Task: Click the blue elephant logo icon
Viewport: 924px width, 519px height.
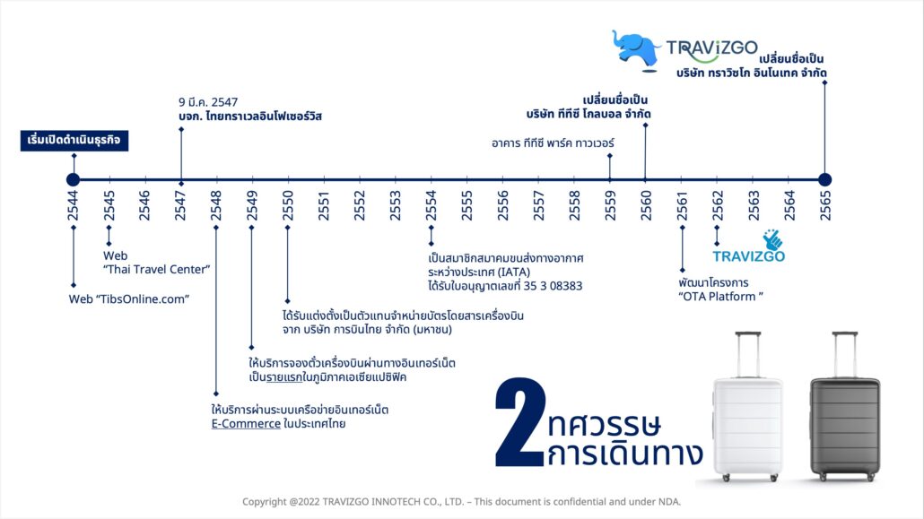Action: pos(636,49)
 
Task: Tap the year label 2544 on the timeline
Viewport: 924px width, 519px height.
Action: pos(73,205)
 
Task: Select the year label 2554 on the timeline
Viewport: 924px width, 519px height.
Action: pos(431,205)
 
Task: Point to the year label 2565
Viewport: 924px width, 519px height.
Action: pos(825,205)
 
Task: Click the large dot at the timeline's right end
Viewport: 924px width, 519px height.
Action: pos(825,179)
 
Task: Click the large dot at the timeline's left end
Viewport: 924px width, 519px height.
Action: pos(73,179)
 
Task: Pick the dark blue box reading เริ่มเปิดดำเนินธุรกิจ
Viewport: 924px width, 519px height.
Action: pos(74,140)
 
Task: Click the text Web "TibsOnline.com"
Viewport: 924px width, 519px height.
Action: pos(129,299)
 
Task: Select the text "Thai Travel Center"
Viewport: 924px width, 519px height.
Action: pos(157,269)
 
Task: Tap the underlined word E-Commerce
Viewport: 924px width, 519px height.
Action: pos(246,424)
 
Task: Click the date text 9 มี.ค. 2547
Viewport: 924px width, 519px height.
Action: pos(208,102)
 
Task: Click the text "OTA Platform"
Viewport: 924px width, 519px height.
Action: pos(720,297)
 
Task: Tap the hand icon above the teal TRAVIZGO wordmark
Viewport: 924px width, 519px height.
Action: pos(772,239)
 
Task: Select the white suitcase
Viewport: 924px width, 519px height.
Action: pos(748,406)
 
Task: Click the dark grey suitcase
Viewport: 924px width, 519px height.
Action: pos(845,406)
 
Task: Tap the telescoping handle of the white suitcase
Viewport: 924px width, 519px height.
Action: pos(748,355)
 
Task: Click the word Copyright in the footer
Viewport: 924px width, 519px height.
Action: pos(265,502)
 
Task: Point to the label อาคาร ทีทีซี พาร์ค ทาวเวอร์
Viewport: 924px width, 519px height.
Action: pos(553,143)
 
